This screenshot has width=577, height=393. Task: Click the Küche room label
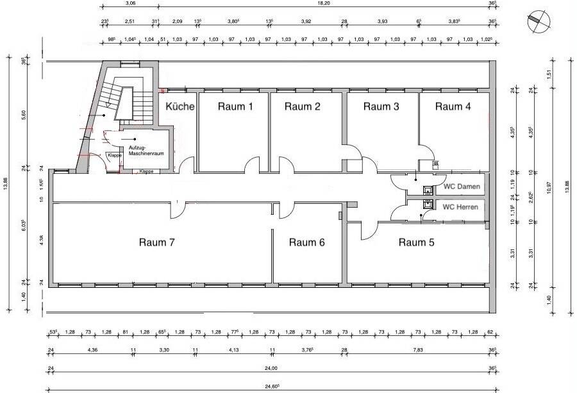click(x=180, y=106)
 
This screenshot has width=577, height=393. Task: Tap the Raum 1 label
click(x=235, y=106)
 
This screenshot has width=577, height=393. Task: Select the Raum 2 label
click(x=303, y=106)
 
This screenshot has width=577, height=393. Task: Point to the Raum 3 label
click(x=381, y=106)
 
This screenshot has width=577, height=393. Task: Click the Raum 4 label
click(x=453, y=106)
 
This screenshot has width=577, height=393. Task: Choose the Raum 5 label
click(x=416, y=242)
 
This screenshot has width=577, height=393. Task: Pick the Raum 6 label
click(x=306, y=242)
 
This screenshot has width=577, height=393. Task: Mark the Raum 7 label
click(x=157, y=242)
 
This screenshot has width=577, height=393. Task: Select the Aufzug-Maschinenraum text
click(x=147, y=151)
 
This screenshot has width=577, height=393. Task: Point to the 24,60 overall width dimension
click(x=271, y=385)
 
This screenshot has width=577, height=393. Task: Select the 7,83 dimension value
click(x=417, y=350)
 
